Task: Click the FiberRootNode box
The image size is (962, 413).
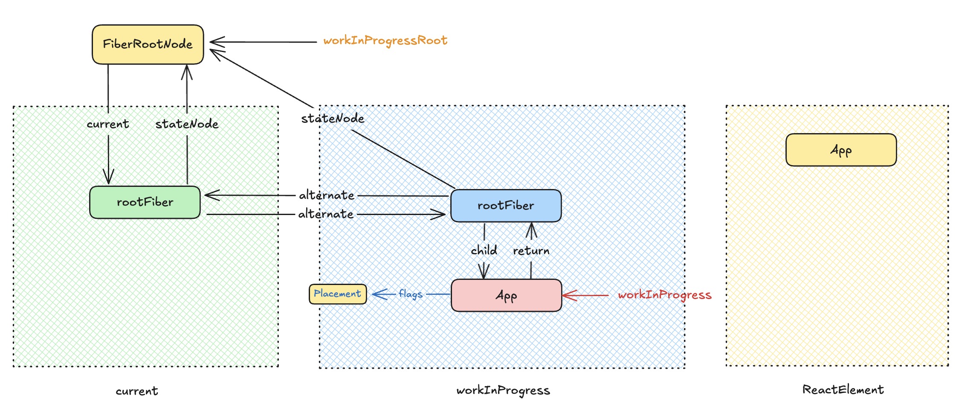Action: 148,44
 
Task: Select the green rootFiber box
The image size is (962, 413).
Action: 145,202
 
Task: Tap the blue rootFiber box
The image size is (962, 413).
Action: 506,206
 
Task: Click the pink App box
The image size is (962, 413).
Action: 506,295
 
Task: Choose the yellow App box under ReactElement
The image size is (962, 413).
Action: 841,150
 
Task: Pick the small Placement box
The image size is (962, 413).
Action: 337,294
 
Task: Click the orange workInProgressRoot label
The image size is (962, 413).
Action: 385,41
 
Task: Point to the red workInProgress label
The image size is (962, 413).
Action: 664,295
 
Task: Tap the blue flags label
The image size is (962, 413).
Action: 410,294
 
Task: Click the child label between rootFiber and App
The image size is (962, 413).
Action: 484,250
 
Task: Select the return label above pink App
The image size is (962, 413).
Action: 531,251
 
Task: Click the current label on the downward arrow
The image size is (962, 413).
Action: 107,124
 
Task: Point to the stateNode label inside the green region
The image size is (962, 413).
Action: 187,124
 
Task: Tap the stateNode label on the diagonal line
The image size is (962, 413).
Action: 333,119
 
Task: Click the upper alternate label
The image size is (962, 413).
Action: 327,195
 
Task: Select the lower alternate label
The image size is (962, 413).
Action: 326,214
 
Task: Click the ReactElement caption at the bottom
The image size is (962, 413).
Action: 843,390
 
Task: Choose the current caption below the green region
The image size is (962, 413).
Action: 136,391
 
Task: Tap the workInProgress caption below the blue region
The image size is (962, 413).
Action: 503,390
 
